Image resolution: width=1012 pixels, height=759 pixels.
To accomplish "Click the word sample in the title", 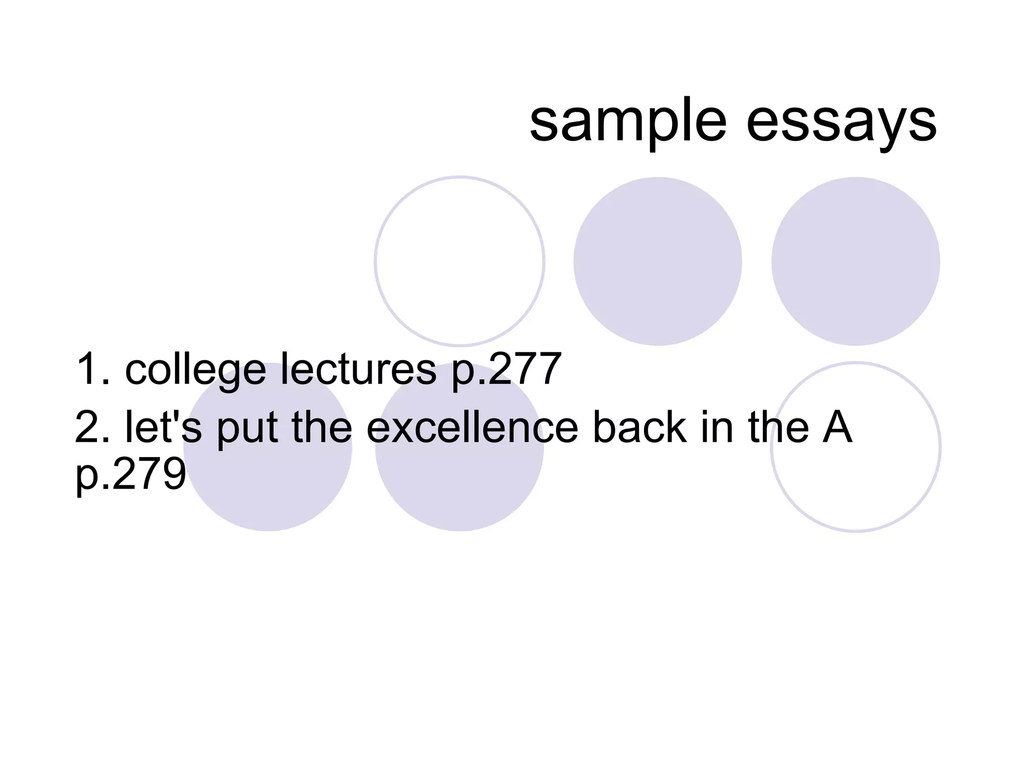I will (x=628, y=123).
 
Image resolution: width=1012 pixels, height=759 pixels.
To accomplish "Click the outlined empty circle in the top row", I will (x=460, y=261).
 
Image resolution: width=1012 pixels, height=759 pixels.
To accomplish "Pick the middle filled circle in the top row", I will (x=657, y=261).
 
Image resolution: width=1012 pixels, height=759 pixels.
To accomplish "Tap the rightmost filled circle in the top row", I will (x=855, y=261).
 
